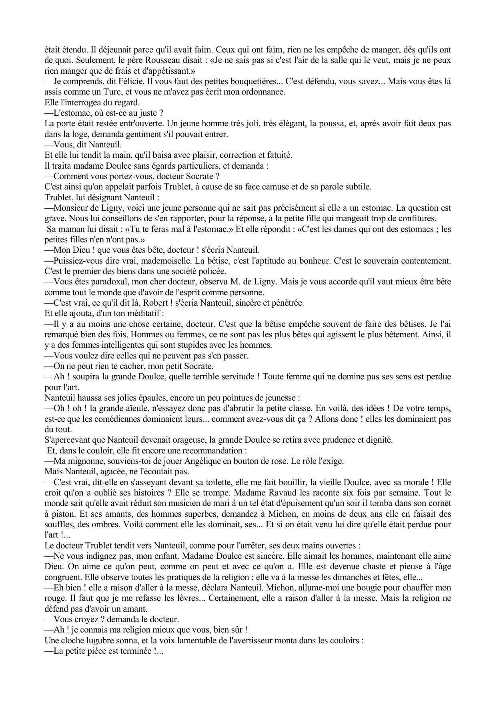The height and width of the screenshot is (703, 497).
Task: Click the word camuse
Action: click(x=265, y=187)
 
